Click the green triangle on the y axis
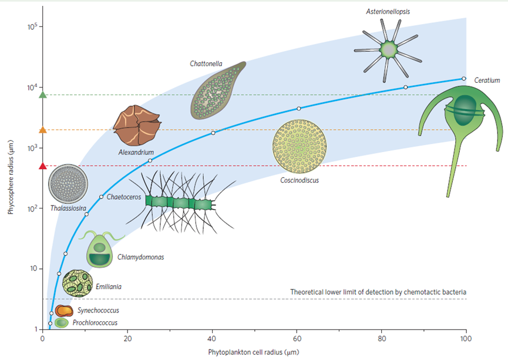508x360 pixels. tap(42, 95)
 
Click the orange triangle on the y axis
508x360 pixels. tap(42, 130)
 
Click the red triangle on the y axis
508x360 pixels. tap(42, 166)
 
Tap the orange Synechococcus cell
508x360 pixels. tap(64, 310)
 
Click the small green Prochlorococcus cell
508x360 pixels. tap(62, 322)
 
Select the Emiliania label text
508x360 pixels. tap(109, 287)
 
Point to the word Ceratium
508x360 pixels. tap(487, 80)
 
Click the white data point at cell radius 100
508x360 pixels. tap(464, 78)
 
